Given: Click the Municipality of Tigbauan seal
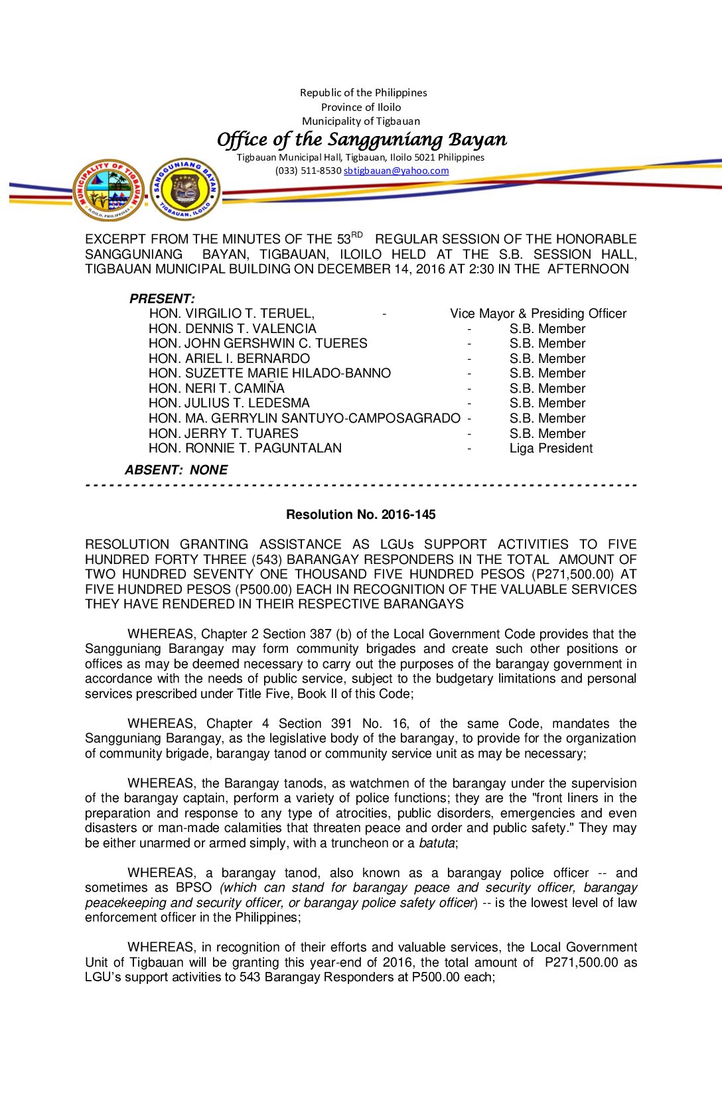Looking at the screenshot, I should (109, 190).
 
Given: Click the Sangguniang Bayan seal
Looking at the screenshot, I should (185, 190).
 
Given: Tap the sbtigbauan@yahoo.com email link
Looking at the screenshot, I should (396, 171).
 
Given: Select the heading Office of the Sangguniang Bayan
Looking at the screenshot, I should (362, 139).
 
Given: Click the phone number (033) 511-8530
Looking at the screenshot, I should (308, 171).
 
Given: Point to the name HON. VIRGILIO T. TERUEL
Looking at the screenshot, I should (232, 313).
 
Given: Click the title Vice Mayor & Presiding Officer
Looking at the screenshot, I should (538, 313).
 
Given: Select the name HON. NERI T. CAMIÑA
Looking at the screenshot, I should (216, 388).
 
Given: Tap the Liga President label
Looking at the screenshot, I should (551, 448).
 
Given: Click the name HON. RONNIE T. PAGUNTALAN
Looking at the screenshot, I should (245, 448).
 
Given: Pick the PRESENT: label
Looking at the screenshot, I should (162, 299).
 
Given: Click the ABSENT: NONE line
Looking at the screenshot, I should (176, 470).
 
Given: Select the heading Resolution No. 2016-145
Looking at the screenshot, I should (360, 514).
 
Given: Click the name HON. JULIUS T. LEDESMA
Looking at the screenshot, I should (229, 403).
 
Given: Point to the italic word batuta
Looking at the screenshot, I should (437, 843).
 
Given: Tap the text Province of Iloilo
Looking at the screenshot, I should (361, 107).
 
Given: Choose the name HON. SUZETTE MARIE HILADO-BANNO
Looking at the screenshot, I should (269, 374).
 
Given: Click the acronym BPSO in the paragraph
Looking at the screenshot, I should (194, 888).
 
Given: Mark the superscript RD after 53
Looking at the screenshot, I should (357, 235).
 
